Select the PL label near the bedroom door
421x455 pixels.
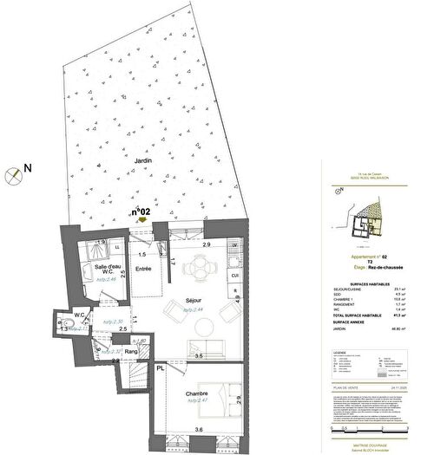pyautogui.click(x=160, y=368)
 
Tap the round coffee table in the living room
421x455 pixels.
pyautogui.click(x=205, y=326)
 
